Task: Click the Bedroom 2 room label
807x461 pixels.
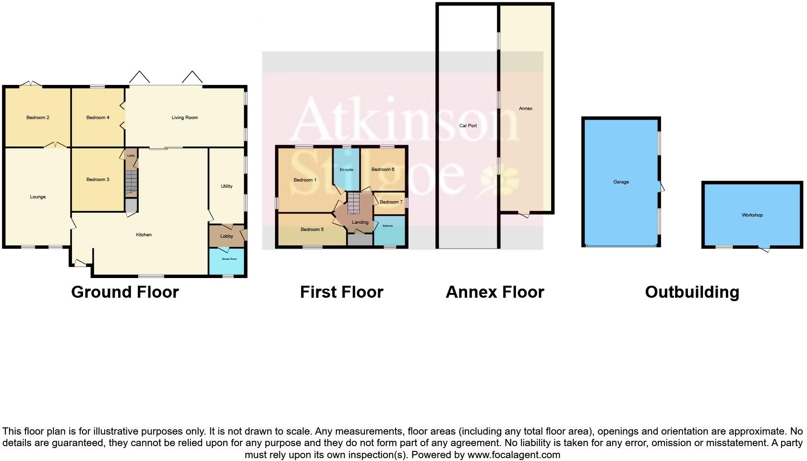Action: (x=38, y=118)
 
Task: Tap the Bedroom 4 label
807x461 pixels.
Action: (x=98, y=118)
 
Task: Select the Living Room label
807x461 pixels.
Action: (x=185, y=118)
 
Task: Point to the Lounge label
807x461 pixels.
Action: (x=38, y=197)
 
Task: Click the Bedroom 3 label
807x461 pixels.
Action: (x=98, y=180)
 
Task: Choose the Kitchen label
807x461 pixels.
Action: (x=144, y=235)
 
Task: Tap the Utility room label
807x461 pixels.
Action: (x=227, y=186)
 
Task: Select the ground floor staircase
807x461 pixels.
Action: (x=131, y=183)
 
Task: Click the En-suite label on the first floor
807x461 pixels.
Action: (x=346, y=170)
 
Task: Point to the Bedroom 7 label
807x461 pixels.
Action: (x=391, y=202)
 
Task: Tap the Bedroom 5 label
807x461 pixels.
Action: (x=312, y=230)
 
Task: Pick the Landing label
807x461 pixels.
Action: (x=360, y=222)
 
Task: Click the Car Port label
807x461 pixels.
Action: (x=468, y=126)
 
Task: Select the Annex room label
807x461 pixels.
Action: (x=526, y=109)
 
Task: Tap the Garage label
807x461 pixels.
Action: (x=621, y=182)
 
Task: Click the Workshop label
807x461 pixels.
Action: (x=752, y=215)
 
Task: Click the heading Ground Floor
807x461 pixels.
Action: (x=125, y=292)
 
